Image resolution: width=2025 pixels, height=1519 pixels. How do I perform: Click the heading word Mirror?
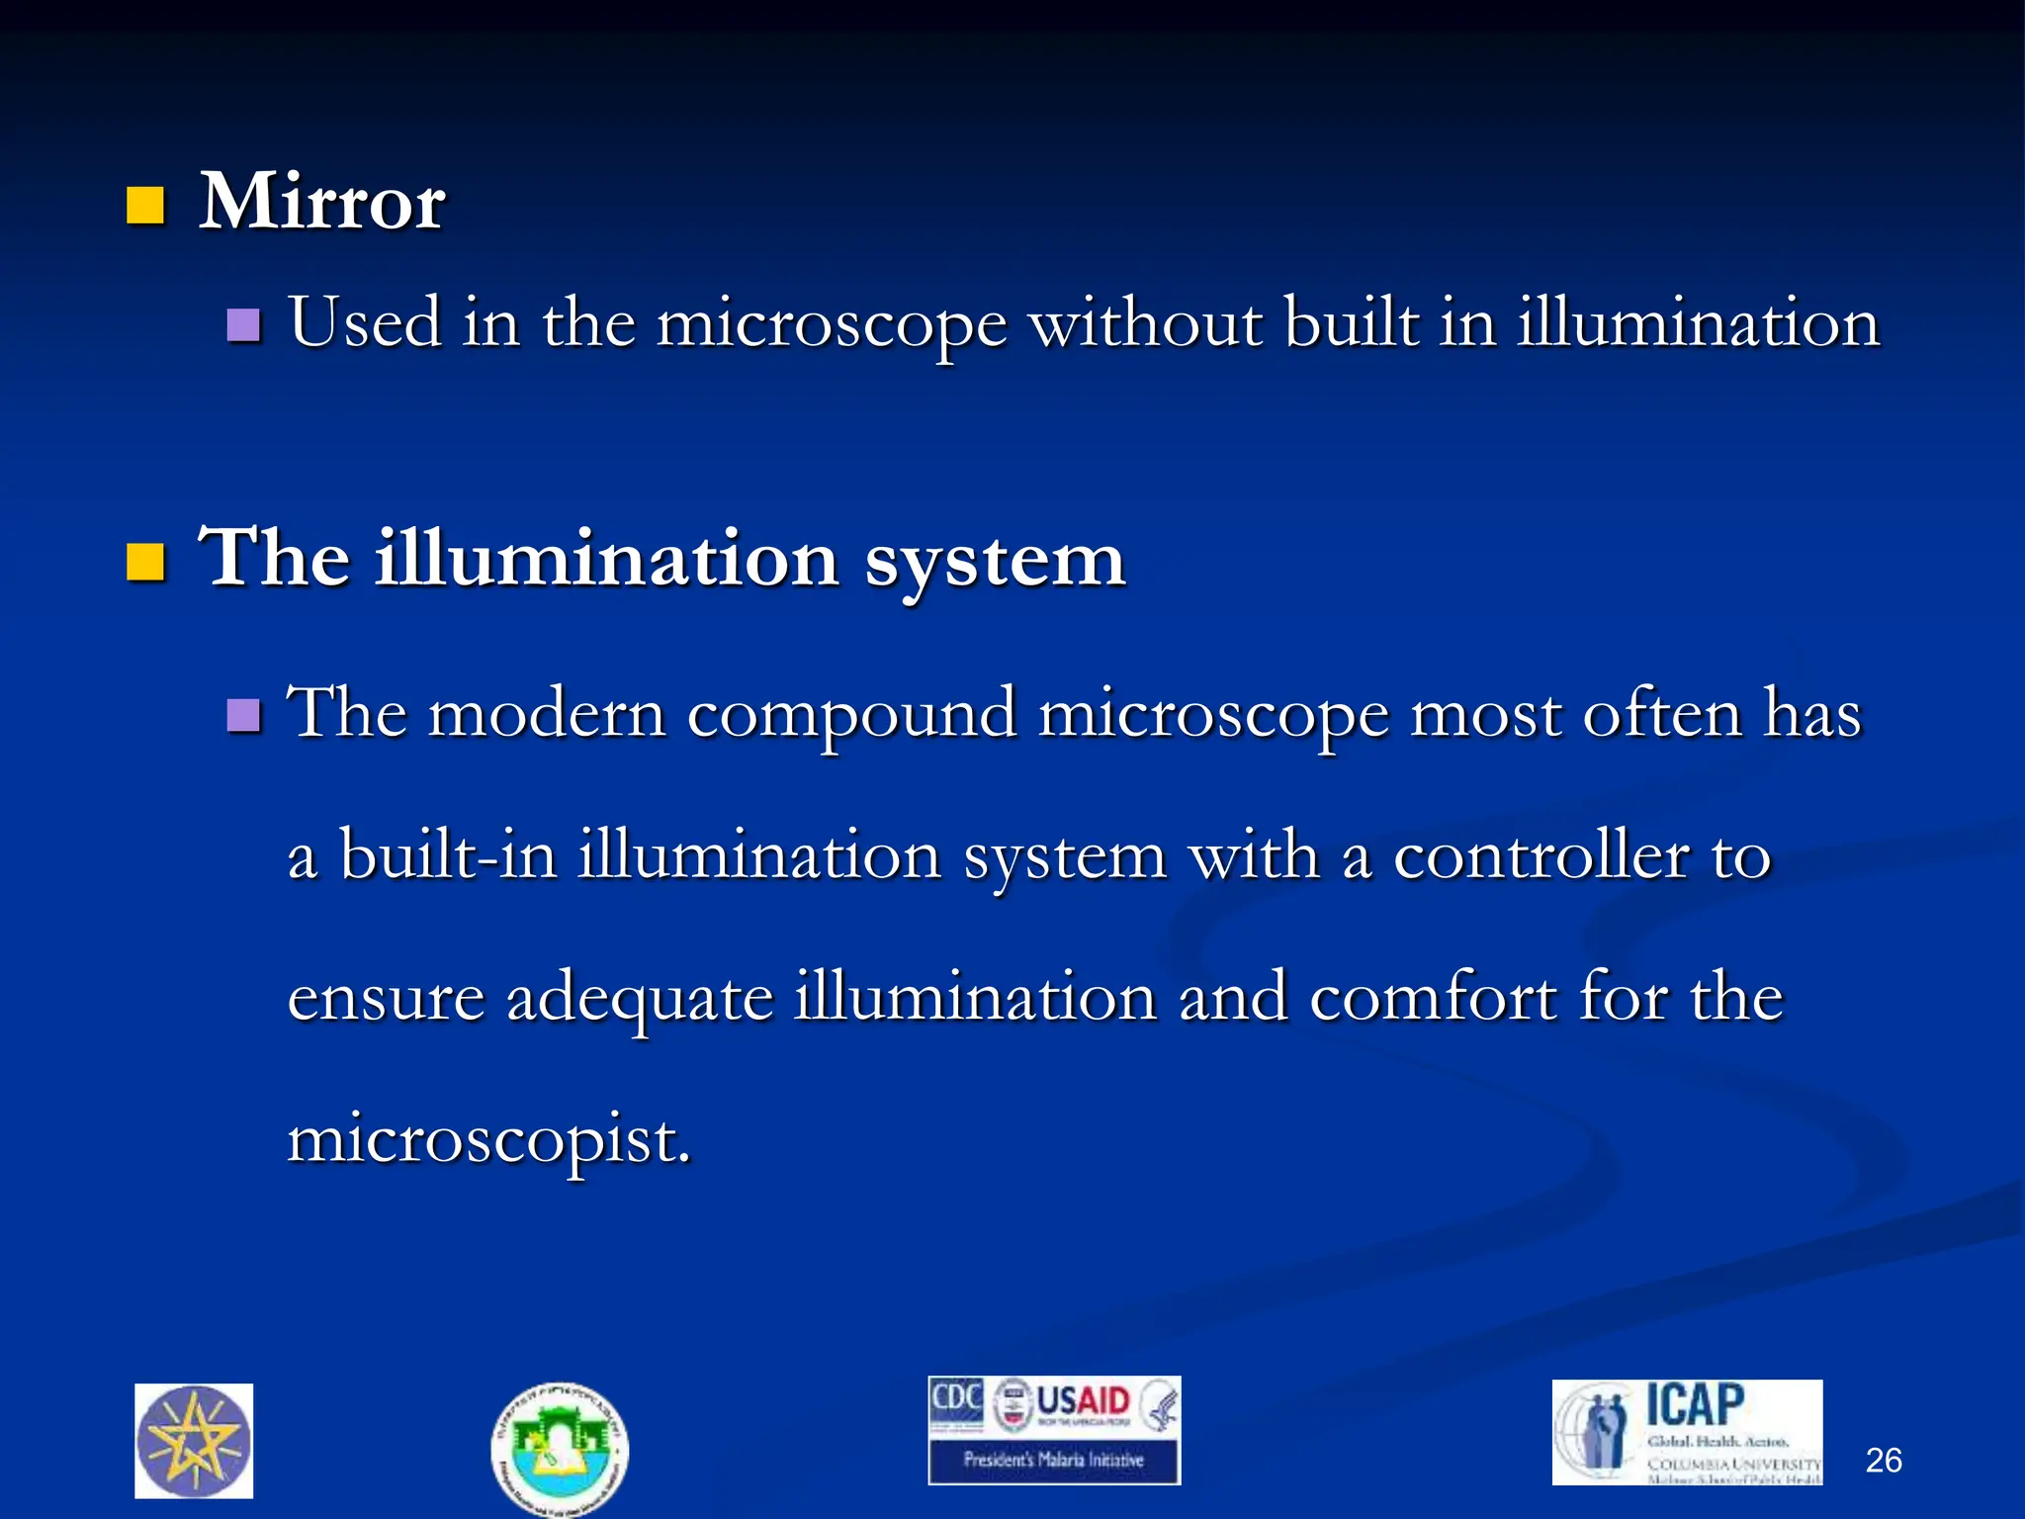point(321,203)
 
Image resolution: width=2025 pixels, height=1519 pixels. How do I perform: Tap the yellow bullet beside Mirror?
point(145,207)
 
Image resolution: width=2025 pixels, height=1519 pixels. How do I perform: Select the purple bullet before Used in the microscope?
point(243,324)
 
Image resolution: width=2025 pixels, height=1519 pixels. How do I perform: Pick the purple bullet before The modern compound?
point(243,714)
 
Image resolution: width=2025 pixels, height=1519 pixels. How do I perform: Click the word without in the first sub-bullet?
point(1145,323)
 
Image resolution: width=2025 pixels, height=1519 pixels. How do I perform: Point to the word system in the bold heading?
point(995,560)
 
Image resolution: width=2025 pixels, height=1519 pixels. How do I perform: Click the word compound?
point(851,714)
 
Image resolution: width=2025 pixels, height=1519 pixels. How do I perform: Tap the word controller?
point(1541,855)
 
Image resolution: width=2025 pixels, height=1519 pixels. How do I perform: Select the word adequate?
point(639,999)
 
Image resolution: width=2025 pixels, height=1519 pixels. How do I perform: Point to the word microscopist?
point(487,1140)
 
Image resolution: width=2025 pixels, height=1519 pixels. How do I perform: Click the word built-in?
point(447,855)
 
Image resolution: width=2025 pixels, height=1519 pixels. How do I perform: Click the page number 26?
point(1883,1460)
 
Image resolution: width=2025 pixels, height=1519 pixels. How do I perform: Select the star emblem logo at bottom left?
point(194,1441)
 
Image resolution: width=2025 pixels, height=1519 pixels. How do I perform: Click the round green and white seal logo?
point(560,1449)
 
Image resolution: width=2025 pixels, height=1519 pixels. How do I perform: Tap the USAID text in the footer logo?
point(1083,1401)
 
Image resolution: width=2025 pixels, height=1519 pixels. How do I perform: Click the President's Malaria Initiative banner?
point(1053,1460)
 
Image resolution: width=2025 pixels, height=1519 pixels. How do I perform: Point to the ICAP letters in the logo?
point(1694,1404)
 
